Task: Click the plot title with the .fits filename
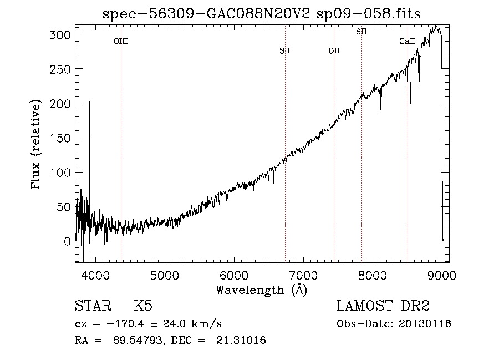[261, 14]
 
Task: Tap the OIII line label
[121, 41]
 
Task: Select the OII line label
[334, 50]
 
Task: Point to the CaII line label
[408, 41]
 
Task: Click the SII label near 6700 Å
[285, 50]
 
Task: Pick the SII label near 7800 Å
[361, 32]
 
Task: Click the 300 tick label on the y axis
[60, 34]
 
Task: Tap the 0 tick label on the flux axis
[67, 241]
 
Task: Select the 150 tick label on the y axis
[60, 138]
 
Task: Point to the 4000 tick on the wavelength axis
[95, 275]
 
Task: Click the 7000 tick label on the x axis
[303, 275]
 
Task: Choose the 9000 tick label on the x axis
[442, 275]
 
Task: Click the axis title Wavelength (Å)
[262, 290]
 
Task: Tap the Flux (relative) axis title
[35, 144]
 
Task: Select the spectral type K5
[143, 306]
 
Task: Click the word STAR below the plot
[93, 306]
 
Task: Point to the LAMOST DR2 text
[383, 306]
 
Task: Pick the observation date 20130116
[425, 324]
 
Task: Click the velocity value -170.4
[125, 324]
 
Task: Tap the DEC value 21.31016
[241, 340]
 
